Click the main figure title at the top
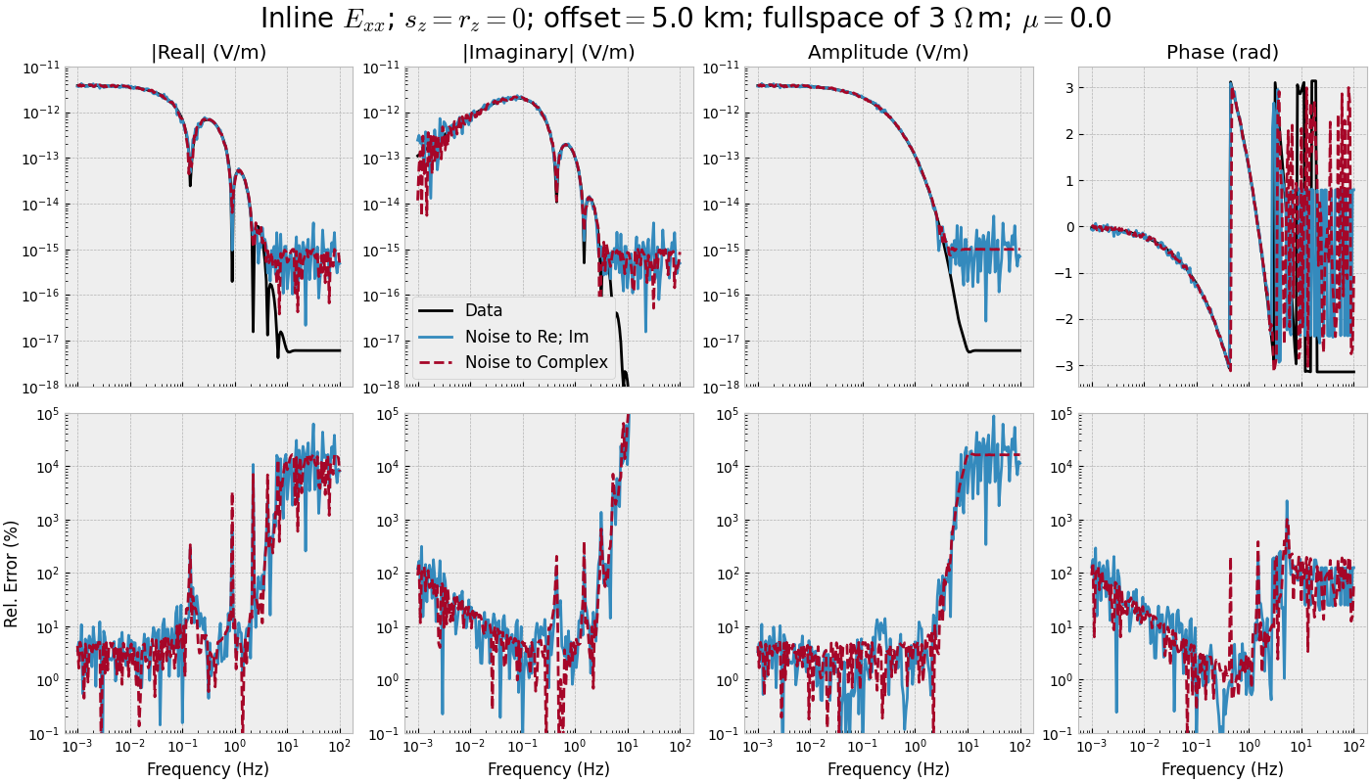(x=685, y=19)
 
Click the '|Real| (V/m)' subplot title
(x=209, y=53)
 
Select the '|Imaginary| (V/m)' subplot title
(x=548, y=53)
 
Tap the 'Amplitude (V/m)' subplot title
(x=888, y=53)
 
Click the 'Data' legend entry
(x=484, y=310)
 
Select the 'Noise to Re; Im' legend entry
(x=527, y=337)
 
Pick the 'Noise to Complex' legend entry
(x=537, y=362)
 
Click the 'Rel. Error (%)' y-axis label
(x=12, y=573)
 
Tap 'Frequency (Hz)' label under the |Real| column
(x=209, y=769)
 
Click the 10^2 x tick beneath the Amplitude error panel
(x=1020, y=748)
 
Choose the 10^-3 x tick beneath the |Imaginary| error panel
(x=418, y=748)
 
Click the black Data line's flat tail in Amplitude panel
(x=999, y=350)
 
